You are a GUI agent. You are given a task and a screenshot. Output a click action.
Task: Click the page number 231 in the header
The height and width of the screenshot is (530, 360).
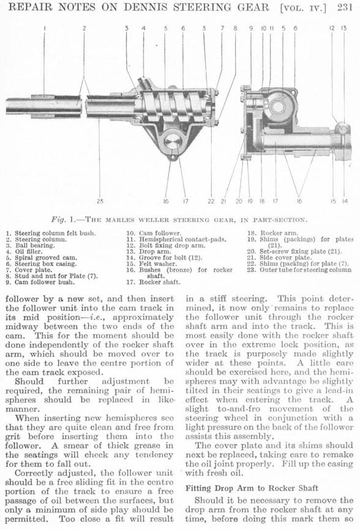(x=345, y=7)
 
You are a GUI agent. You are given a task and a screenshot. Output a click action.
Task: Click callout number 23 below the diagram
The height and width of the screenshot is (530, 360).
(x=100, y=201)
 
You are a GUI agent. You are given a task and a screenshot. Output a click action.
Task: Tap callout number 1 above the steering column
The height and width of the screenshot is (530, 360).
(x=44, y=28)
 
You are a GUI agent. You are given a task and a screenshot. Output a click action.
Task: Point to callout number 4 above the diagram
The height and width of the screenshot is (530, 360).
(x=143, y=28)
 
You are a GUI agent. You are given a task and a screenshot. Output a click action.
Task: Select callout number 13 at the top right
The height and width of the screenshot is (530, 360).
(x=343, y=28)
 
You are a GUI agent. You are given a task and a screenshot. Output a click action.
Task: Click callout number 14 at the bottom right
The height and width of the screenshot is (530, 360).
(x=345, y=201)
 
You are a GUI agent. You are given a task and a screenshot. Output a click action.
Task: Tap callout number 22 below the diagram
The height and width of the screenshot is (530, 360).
(x=211, y=201)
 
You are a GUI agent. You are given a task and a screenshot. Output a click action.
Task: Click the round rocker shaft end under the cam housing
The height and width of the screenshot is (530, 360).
(x=174, y=143)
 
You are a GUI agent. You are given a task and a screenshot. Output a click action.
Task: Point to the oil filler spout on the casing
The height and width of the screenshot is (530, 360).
(x=145, y=82)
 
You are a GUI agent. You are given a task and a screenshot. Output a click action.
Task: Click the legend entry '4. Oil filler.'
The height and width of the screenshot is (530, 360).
(x=24, y=252)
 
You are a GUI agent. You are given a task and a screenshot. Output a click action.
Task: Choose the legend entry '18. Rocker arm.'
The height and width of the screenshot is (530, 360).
(x=272, y=233)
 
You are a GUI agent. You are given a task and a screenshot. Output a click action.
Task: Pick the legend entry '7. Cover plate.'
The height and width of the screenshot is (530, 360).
(x=29, y=270)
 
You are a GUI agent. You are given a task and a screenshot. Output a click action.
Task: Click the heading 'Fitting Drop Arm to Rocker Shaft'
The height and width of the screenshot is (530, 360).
(x=252, y=488)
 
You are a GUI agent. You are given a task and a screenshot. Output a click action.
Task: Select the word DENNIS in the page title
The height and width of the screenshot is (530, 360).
(x=146, y=7)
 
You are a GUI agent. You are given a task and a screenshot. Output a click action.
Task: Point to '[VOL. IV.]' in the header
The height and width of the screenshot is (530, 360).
(x=303, y=8)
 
